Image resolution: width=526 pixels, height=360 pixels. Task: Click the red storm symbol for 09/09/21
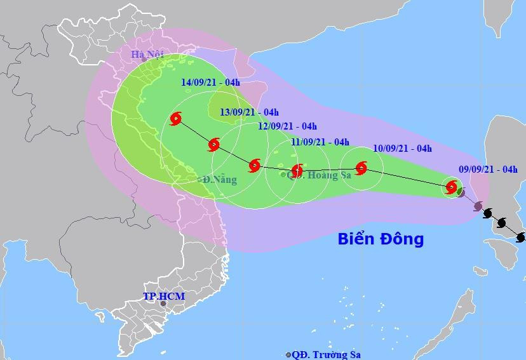(x=452, y=187)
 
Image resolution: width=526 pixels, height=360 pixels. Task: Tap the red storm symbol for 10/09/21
(x=361, y=168)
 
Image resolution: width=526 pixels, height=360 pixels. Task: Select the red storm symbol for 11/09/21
(x=297, y=170)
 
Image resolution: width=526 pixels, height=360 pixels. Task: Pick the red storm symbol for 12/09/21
(x=255, y=166)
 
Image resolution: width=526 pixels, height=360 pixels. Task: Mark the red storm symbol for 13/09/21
(x=214, y=145)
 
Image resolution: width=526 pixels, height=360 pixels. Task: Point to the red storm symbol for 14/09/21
(x=176, y=118)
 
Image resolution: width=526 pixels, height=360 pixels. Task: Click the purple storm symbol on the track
(x=477, y=206)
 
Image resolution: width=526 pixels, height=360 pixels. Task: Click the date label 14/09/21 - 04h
(x=210, y=83)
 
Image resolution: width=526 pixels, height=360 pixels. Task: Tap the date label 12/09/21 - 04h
(x=287, y=126)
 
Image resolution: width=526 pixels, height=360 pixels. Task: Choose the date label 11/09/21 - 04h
(x=320, y=142)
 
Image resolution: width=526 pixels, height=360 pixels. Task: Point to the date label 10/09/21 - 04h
(x=403, y=149)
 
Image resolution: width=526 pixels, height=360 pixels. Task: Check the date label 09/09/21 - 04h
(x=488, y=169)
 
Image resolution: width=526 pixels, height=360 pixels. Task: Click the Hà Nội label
(x=147, y=55)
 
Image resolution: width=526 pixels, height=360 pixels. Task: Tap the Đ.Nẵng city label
(x=220, y=180)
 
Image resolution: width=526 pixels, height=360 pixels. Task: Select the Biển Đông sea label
(x=380, y=239)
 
